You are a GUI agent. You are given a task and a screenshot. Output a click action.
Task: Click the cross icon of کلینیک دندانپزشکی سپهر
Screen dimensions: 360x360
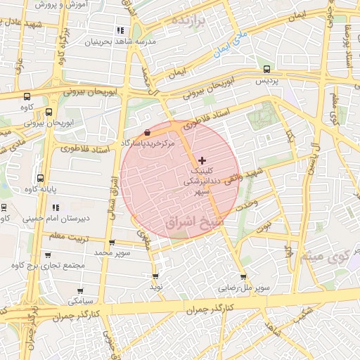click(x=203, y=161)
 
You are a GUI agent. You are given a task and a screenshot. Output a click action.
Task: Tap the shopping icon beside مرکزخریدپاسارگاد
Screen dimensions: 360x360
click(x=146, y=132)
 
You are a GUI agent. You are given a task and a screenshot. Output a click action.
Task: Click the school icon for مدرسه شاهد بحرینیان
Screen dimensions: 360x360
click(x=120, y=30)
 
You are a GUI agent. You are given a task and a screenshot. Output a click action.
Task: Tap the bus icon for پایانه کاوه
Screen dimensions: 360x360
click(x=40, y=179)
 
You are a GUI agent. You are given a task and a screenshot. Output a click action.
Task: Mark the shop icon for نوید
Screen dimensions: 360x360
click(x=155, y=276)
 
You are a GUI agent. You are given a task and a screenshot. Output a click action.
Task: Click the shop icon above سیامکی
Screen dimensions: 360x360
click(x=77, y=290)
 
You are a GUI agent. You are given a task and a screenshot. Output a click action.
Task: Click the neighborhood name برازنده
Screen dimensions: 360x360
click(x=188, y=20)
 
